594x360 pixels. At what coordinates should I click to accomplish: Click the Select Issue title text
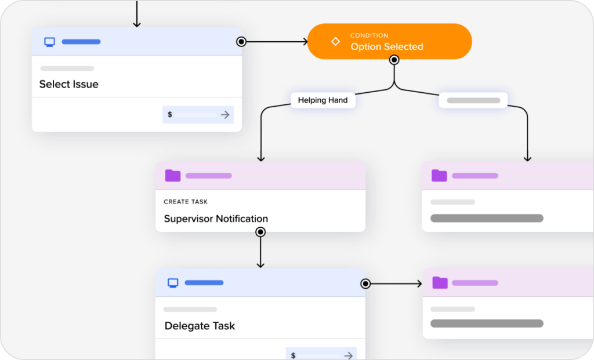click(x=68, y=84)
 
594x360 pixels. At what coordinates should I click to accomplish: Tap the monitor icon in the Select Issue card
click(x=50, y=42)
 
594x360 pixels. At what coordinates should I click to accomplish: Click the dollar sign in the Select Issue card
click(x=170, y=115)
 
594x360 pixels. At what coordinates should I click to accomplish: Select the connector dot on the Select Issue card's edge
click(x=241, y=42)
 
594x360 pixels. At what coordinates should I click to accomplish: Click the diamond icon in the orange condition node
click(x=335, y=42)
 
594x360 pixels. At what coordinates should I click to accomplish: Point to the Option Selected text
click(x=386, y=47)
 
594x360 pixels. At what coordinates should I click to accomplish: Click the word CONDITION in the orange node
click(x=369, y=36)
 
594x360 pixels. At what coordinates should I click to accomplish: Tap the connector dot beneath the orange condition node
click(x=394, y=60)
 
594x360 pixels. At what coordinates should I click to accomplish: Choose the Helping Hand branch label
click(x=323, y=100)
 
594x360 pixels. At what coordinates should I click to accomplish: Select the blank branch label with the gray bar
click(x=473, y=100)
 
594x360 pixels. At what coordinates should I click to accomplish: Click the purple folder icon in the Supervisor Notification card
click(x=173, y=176)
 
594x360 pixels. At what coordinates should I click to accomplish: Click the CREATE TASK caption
click(x=186, y=202)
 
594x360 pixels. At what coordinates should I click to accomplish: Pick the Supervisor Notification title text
click(x=216, y=219)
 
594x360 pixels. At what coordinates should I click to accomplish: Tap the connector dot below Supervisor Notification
click(x=260, y=232)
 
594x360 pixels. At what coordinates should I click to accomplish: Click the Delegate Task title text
click(x=200, y=326)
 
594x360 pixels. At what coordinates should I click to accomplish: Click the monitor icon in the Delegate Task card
click(x=173, y=283)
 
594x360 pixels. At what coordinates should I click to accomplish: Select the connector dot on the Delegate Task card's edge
click(x=365, y=283)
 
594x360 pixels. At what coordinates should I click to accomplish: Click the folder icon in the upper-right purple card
click(x=439, y=176)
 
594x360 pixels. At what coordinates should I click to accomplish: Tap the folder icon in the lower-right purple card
click(x=440, y=283)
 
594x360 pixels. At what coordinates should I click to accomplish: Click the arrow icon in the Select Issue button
click(x=225, y=115)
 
